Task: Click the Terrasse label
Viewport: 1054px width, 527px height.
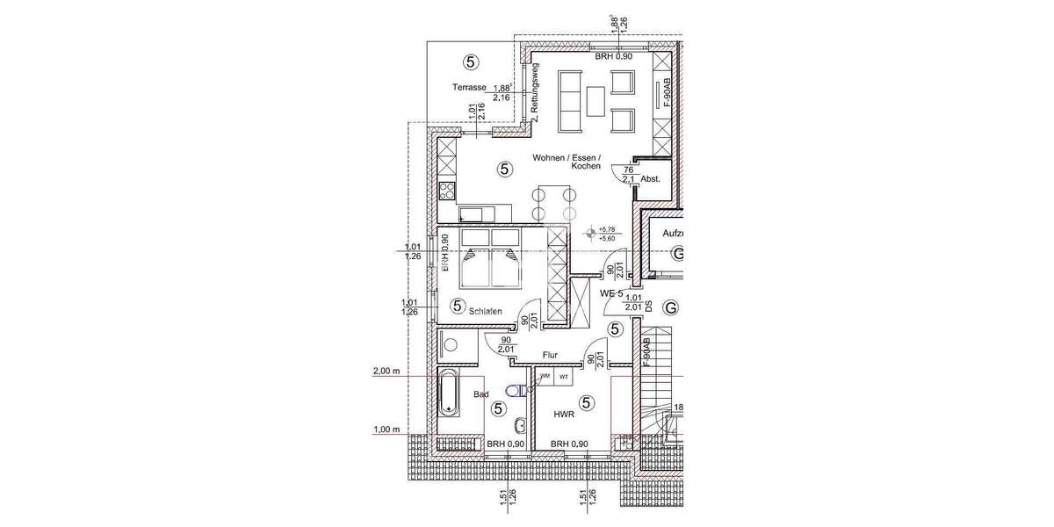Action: point(469,88)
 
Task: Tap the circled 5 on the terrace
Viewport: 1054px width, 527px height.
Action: point(472,61)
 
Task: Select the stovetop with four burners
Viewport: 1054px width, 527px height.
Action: point(447,190)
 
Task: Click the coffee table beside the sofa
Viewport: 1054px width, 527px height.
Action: point(597,98)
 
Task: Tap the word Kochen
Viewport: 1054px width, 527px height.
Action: point(584,166)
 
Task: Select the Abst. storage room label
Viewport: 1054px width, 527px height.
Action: point(651,178)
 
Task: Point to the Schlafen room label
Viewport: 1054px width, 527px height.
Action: point(485,311)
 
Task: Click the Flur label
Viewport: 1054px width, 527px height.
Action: point(551,356)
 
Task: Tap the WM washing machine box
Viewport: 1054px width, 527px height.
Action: point(545,376)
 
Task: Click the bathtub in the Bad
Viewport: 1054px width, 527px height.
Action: point(448,393)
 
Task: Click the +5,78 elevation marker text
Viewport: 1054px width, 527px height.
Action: point(606,229)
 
